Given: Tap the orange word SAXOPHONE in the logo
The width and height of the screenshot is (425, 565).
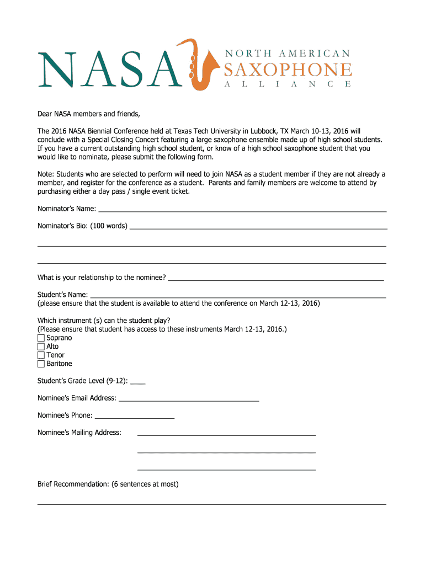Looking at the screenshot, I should [288, 70].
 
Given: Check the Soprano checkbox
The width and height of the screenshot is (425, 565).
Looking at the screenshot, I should [41, 338].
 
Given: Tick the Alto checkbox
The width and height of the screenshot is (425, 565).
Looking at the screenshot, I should [41, 347].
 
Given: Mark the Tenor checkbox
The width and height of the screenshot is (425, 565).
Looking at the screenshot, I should [41, 355].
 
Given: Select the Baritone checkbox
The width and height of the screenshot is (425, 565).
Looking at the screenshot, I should [41, 364].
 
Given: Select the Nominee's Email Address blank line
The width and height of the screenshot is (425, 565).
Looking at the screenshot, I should [189, 399].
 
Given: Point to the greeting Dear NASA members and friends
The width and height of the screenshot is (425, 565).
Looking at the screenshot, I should [89, 114].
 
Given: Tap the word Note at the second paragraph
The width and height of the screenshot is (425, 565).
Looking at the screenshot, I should [45, 174].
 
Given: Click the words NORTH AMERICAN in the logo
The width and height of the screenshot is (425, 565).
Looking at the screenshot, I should [288, 54].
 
